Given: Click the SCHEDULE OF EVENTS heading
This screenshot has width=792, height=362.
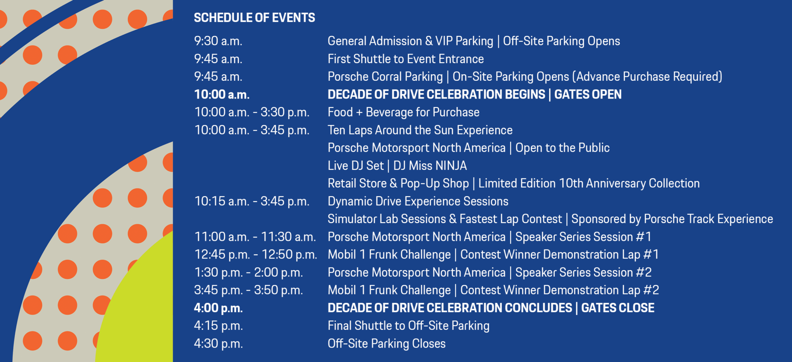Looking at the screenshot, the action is click(255, 18).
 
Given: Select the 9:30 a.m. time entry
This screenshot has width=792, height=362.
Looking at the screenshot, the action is click(218, 41).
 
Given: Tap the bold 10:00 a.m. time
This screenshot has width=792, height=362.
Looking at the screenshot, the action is click(222, 94).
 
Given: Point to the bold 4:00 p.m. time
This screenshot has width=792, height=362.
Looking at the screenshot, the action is click(219, 308).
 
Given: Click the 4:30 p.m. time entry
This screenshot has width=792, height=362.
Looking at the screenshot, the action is click(219, 343).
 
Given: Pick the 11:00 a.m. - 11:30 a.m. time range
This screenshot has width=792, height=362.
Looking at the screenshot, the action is click(255, 237).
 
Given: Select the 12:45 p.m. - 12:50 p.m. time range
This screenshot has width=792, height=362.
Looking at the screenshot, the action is click(256, 255).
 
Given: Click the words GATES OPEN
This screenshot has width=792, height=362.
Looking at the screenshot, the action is click(588, 94).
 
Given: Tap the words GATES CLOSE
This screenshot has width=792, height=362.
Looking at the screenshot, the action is click(618, 308).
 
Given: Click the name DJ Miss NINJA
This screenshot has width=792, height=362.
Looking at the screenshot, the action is click(430, 166).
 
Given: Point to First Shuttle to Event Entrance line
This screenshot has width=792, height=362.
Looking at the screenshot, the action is click(405, 59).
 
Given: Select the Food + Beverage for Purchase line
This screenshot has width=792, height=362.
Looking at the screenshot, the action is click(403, 112).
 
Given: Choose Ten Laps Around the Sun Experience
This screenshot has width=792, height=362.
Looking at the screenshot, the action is click(420, 130).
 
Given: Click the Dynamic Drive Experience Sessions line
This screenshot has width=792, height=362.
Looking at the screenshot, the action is click(418, 201).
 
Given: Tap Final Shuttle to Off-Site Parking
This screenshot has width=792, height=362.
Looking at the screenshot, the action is click(408, 326).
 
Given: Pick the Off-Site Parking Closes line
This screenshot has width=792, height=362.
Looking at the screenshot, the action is click(387, 343).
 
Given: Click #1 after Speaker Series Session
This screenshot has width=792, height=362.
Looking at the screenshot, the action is click(643, 237).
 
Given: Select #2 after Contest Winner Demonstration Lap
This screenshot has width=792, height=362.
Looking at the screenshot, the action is click(651, 290).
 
